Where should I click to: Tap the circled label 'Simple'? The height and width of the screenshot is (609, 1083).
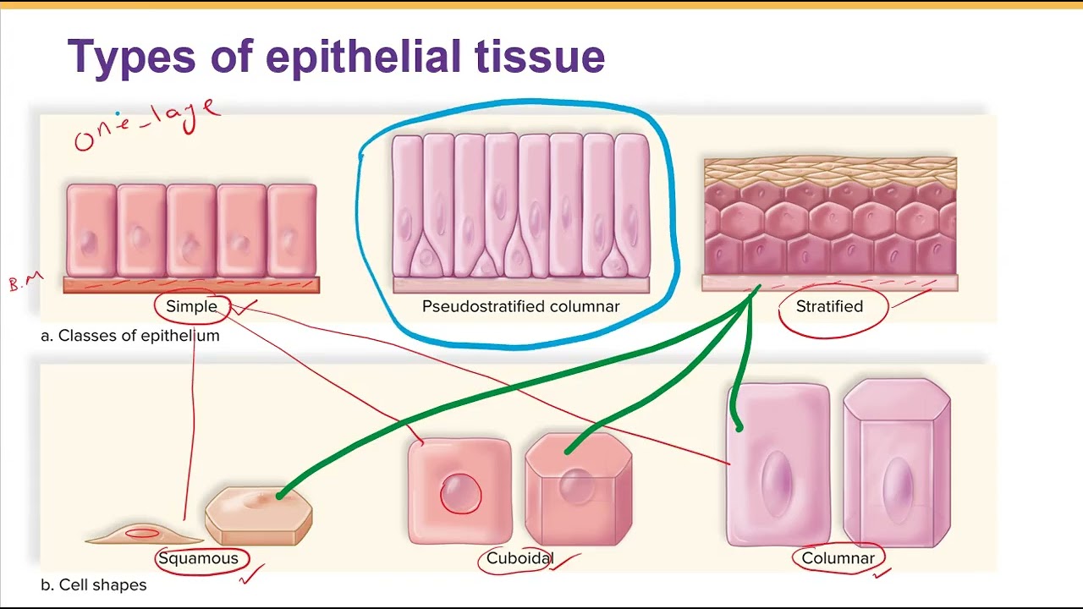(192, 306)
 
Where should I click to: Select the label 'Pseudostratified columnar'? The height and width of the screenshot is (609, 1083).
(520, 306)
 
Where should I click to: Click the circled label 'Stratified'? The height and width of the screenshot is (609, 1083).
(829, 306)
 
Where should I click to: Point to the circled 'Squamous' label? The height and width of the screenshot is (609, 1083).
(198, 558)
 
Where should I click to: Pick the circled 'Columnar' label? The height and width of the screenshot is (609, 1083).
(838, 558)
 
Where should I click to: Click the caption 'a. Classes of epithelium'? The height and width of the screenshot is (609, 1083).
(130, 335)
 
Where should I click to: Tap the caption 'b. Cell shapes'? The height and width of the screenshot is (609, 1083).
(94, 584)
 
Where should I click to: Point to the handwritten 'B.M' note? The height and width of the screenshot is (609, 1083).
(25, 282)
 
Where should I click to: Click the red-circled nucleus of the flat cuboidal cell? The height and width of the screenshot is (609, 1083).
(460, 493)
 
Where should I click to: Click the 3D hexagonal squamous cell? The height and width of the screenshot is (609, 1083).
(259, 514)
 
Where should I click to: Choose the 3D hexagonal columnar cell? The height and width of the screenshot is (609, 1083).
(897, 464)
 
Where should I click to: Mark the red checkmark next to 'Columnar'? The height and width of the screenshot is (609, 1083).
(882, 573)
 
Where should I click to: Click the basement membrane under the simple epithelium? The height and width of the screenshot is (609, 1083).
(191, 285)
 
